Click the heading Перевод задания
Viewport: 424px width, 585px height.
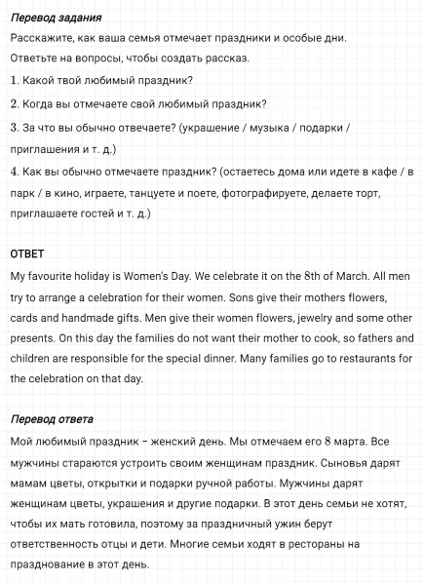click(56, 18)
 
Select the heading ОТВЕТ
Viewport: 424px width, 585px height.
click(28, 253)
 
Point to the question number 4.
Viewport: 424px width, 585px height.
click(15, 172)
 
